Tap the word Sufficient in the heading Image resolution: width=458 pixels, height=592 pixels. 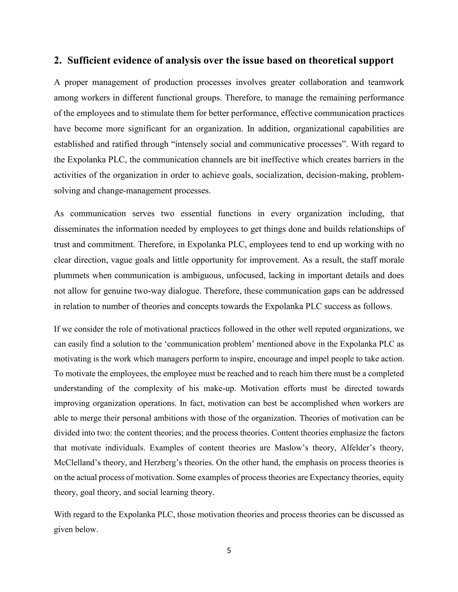[x=89, y=61]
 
